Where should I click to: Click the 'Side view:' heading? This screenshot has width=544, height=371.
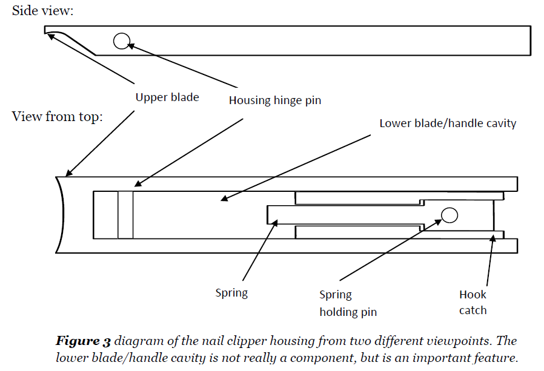[x=42, y=11]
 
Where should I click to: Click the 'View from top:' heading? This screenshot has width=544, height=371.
[x=57, y=116]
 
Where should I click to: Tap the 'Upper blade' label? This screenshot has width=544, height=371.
[x=167, y=97]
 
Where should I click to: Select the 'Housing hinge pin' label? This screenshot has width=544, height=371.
[x=275, y=100]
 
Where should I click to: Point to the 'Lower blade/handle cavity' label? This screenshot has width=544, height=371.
[x=448, y=123]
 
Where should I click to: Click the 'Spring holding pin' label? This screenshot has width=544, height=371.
[x=348, y=303]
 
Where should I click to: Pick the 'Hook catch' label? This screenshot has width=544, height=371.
[x=473, y=302]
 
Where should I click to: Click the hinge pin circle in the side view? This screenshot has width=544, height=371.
[x=122, y=41]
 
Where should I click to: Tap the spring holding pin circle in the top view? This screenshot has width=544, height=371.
[x=449, y=215]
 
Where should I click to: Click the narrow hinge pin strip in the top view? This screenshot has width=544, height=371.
[x=125, y=215]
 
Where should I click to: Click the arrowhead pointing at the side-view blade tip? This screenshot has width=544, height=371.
[x=51, y=36]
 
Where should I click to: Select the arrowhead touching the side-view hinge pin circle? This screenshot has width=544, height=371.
[x=131, y=45]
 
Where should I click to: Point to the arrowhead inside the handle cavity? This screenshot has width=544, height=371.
[x=225, y=199]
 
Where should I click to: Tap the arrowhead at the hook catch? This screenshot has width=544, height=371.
[x=493, y=238]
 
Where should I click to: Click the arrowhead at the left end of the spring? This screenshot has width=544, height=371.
[x=275, y=223]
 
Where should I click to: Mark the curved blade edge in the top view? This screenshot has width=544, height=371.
[x=61, y=215]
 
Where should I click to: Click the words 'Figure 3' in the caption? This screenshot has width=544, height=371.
[x=83, y=341]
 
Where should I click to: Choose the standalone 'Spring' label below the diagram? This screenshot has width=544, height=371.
[x=231, y=293]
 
